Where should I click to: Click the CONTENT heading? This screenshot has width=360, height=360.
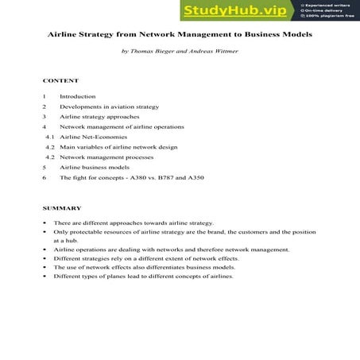coord(60,81)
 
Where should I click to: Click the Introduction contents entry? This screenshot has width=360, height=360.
coord(78,96)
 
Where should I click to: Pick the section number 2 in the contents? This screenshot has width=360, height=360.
coord(45,106)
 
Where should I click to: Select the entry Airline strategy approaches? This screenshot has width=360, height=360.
coord(99,117)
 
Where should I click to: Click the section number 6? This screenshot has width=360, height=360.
coord(45,178)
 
